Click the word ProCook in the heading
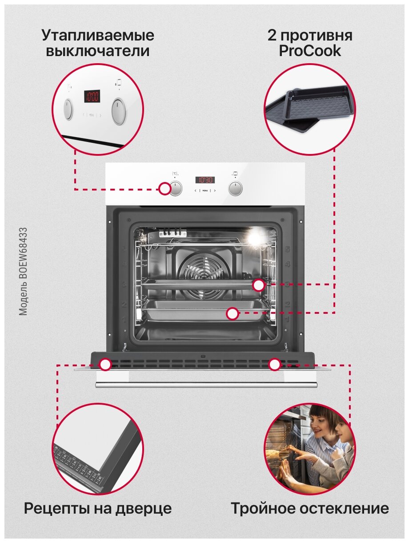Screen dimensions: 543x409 point(310,51)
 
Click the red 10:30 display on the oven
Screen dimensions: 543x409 point(205,180)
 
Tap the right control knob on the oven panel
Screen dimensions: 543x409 point(235,188)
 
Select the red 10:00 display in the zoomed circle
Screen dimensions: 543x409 point(92,96)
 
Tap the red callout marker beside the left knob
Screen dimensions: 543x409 point(165,189)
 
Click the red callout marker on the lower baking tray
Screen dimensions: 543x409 point(232,314)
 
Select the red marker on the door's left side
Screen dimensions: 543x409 point(105,365)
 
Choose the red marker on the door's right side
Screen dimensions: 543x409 point(275,365)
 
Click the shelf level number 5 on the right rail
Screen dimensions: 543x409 point(288,249)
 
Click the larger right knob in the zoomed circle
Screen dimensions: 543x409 point(118,111)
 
